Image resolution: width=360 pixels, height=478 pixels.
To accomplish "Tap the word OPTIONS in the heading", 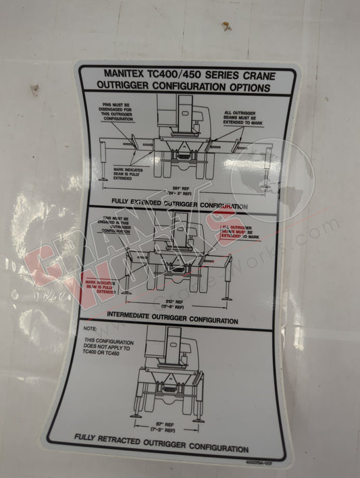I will click(247, 88).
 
